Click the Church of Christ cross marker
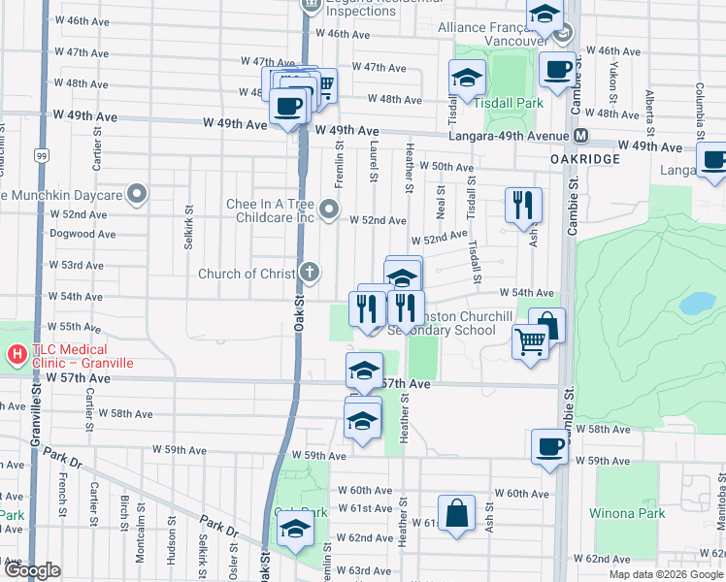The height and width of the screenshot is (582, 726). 310,273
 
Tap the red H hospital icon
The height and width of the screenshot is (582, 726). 16,355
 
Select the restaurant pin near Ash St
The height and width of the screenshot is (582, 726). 522,205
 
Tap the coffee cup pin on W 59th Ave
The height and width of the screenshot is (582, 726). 549,446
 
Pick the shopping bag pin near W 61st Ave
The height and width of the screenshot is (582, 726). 456,512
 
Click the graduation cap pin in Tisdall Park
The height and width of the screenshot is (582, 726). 466,79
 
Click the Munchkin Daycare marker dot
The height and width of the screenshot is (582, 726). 138,195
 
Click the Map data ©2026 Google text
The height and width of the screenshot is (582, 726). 665,573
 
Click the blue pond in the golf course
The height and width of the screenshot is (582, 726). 697,304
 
